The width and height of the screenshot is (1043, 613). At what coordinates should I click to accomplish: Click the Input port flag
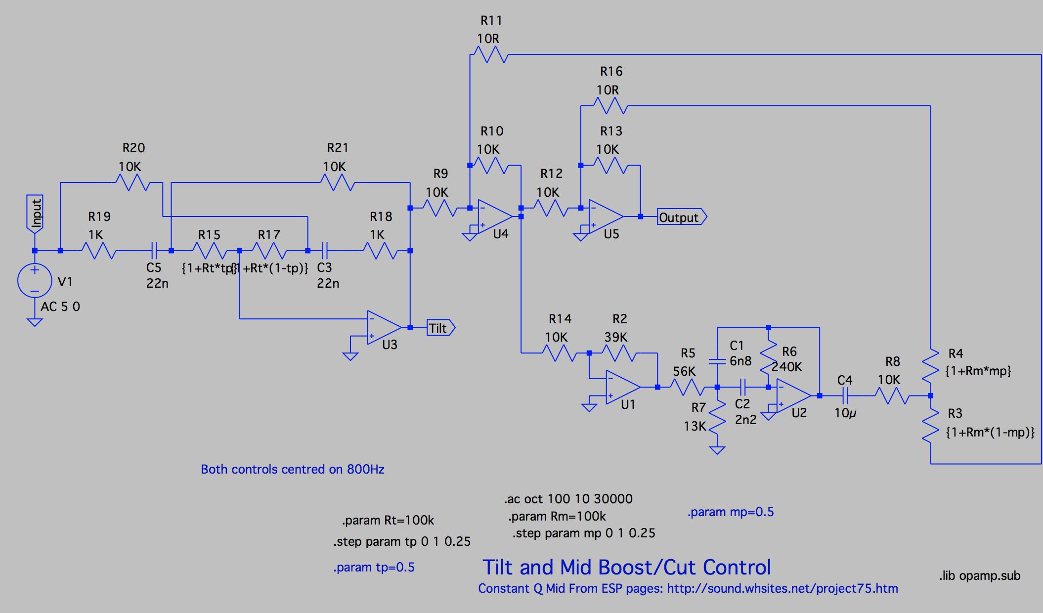(x=35, y=213)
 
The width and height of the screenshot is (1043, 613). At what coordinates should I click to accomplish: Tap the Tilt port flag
(x=439, y=328)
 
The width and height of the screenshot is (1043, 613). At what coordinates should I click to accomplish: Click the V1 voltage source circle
(x=35, y=280)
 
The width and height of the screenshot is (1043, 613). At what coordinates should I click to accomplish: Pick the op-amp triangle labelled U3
(x=383, y=328)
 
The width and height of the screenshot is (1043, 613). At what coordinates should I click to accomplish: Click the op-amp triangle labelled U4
(x=494, y=217)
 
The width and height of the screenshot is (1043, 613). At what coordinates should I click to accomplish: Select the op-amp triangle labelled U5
(x=605, y=217)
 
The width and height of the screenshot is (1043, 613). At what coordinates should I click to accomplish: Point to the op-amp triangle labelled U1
(x=622, y=387)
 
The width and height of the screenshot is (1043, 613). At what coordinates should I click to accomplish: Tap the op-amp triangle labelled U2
(x=793, y=395)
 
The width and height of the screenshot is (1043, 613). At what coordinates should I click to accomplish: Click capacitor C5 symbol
(x=154, y=251)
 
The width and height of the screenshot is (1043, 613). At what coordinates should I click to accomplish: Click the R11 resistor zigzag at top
(x=490, y=54)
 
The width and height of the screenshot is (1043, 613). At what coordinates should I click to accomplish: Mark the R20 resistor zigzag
(x=132, y=183)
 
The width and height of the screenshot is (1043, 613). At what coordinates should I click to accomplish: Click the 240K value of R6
(x=787, y=367)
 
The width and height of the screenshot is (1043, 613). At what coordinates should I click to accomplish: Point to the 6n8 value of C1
(x=740, y=361)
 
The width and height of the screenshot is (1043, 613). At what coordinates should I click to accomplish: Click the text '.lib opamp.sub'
(x=979, y=576)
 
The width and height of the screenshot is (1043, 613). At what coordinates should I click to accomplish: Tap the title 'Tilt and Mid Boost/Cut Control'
(x=626, y=568)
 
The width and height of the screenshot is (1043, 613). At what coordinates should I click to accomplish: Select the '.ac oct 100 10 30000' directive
(x=568, y=499)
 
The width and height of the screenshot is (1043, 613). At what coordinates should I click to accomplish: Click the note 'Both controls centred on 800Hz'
(x=292, y=469)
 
